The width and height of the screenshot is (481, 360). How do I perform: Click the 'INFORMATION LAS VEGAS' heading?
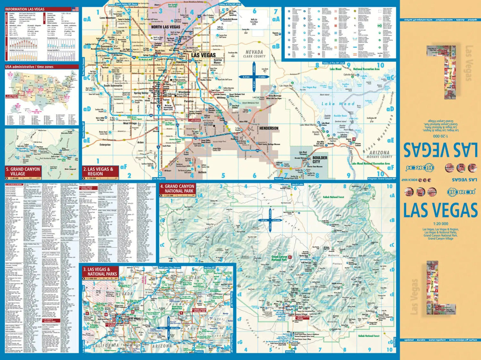click(x=25, y=9)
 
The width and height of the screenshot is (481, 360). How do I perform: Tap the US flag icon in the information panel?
click(x=75, y=9)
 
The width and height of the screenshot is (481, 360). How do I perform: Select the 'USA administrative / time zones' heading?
click(x=29, y=67)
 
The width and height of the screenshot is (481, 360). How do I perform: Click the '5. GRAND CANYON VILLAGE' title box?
click(x=23, y=171)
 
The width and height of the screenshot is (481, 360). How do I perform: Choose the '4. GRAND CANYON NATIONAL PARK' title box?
click(x=177, y=189)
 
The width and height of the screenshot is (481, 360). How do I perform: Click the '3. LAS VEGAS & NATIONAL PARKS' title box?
click(x=100, y=272)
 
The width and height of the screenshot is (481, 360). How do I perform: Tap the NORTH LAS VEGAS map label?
click(x=165, y=27)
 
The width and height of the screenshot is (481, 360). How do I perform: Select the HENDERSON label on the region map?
click(x=269, y=128)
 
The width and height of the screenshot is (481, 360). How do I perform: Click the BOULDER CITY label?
click(x=319, y=159)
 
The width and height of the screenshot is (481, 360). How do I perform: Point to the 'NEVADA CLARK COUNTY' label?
click(x=254, y=54)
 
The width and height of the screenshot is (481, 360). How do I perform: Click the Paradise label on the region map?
click(x=189, y=101)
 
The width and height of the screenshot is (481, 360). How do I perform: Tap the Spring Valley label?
click(x=141, y=93)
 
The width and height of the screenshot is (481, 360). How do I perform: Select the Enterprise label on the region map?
click(x=105, y=145)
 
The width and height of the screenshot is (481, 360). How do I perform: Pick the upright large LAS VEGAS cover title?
click(x=440, y=210)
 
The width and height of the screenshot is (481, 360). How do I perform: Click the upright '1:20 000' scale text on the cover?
click(x=440, y=224)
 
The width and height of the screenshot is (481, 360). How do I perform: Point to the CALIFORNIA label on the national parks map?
click(x=106, y=345)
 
